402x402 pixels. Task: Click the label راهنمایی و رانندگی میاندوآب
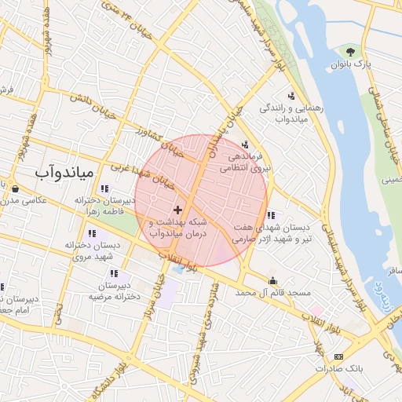coord(282,112)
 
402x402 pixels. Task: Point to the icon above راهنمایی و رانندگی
coord(293,95)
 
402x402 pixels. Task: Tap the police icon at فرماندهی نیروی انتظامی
coord(246,144)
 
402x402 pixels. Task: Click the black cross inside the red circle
coord(178,210)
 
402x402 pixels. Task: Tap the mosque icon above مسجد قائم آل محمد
coord(272,280)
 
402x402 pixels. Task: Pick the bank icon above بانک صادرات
coord(338,356)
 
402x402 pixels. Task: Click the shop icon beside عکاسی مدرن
coord(15,187)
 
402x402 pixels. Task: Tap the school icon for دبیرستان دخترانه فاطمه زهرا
coord(104,188)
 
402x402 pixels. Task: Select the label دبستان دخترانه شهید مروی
coord(93,251)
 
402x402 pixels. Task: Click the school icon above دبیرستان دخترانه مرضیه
coord(115,273)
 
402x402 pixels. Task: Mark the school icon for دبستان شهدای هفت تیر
coord(271,215)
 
